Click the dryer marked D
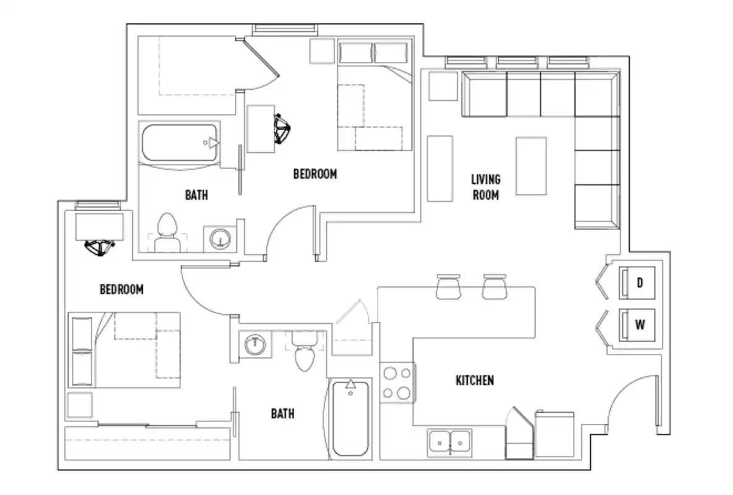[640, 283]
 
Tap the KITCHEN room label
[475, 380]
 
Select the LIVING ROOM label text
[486, 187]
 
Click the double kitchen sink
[449, 442]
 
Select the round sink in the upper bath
[219, 238]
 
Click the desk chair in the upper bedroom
[284, 129]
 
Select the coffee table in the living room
[531, 166]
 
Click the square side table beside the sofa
[443, 86]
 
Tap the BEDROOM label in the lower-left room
[122, 289]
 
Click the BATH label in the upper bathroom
[197, 195]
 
